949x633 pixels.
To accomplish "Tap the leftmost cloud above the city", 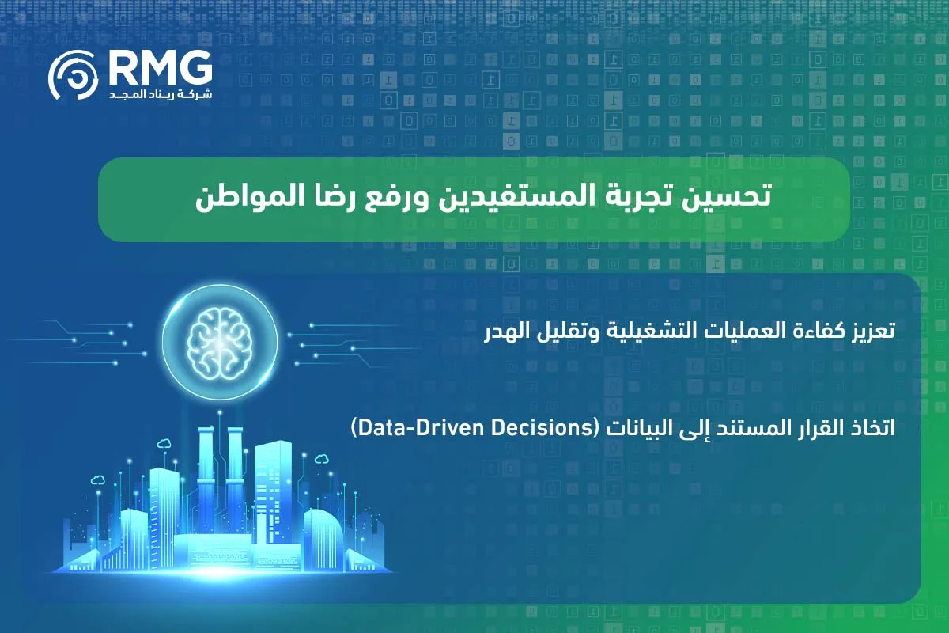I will (x=98, y=479).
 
